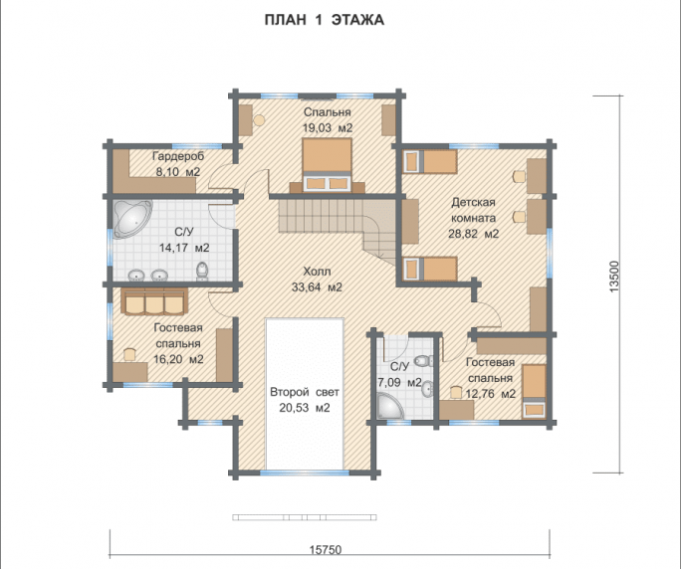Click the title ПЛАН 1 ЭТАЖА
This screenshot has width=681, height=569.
click(x=325, y=20)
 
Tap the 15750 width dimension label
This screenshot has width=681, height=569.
click(x=326, y=550)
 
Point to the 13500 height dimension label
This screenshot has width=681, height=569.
click(x=614, y=276)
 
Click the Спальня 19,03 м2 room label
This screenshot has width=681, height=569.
click(x=327, y=119)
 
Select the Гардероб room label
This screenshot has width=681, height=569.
click(x=178, y=156)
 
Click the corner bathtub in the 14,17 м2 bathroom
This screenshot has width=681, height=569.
click(x=132, y=218)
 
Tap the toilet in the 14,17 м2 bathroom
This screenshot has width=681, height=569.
click(x=202, y=271)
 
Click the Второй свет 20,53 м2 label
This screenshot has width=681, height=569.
click(x=305, y=400)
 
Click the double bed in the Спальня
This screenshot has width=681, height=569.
click(x=328, y=165)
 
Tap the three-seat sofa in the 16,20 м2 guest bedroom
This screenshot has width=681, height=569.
click(x=154, y=300)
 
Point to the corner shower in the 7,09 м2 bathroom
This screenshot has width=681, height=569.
click(x=390, y=406)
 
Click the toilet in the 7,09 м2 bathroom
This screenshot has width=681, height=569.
click(x=423, y=360)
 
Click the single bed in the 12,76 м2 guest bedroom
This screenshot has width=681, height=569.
click(x=535, y=391)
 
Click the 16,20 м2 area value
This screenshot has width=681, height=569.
click(x=178, y=359)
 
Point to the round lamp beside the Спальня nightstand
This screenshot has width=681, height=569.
click(x=259, y=119)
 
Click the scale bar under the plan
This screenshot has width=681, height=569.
click(x=305, y=517)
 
